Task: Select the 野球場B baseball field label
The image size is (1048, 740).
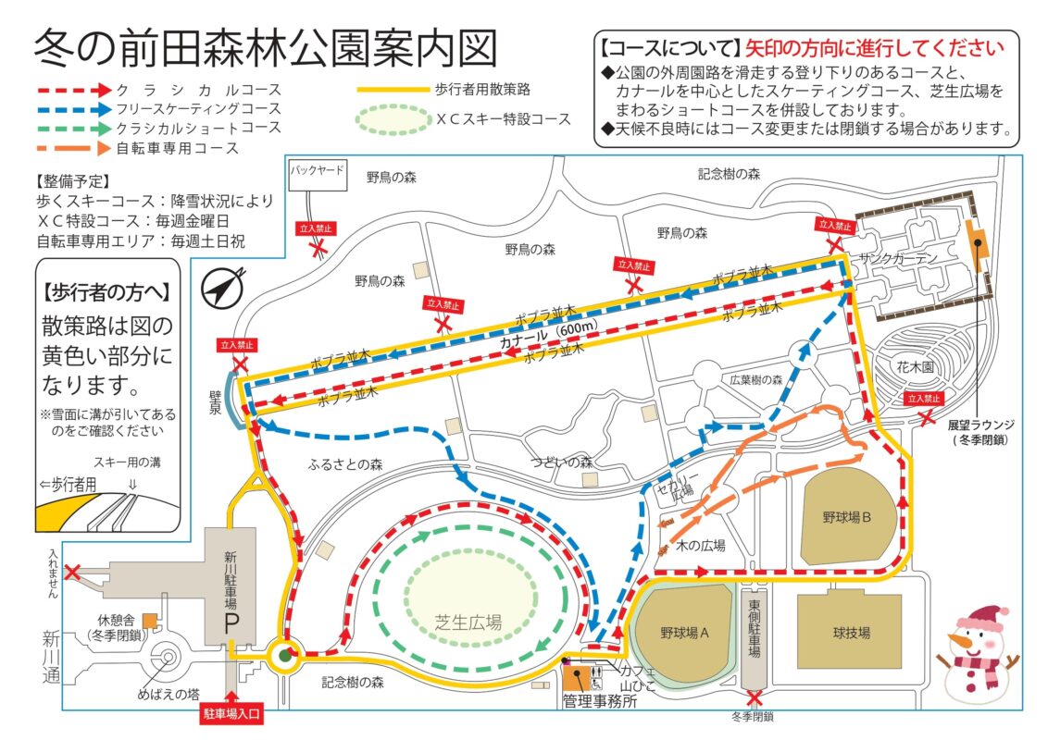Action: point(847,517)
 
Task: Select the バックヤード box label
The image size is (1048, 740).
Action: point(317,171)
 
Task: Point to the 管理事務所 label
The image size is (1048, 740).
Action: point(599,702)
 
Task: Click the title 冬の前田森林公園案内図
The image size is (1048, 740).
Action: point(265,48)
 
